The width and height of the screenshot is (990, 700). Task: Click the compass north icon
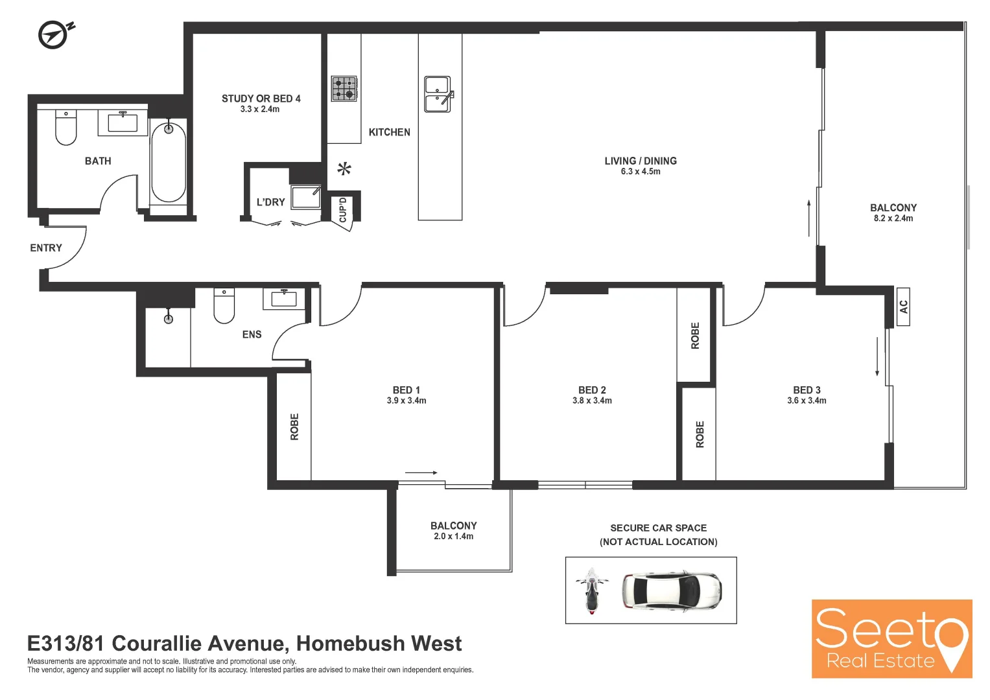click(x=54, y=34)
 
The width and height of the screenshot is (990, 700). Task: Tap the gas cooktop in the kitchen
click(x=344, y=89)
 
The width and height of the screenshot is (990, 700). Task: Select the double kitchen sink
click(x=438, y=94)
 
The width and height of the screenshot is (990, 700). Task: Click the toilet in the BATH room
click(x=65, y=127)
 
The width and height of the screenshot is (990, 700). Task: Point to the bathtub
click(x=169, y=162)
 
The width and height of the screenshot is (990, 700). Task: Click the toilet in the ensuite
click(x=224, y=306)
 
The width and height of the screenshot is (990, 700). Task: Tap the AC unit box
click(x=903, y=307)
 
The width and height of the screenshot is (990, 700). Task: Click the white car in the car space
click(x=672, y=590)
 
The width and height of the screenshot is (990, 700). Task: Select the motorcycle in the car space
click(x=591, y=590)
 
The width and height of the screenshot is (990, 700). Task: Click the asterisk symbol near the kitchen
click(x=344, y=170)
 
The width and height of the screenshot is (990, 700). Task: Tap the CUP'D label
click(x=343, y=211)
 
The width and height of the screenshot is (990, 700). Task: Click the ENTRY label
click(x=46, y=248)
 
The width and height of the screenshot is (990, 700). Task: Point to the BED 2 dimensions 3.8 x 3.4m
click(x=592, y=401)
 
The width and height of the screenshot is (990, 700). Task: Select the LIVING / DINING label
click(x=641, y=161)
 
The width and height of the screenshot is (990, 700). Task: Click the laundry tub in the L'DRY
click(x=305, y=197)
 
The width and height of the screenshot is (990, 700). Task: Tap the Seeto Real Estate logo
click(x=891, y=639)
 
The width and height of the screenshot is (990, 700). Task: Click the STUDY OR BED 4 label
click(x=261, y=99)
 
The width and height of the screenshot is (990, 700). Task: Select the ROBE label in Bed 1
click(x=295, y=427)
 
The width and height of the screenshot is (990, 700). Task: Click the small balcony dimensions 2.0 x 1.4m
click(x=453, y=537)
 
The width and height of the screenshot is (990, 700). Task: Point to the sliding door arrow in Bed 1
click(x=421, y=472)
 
